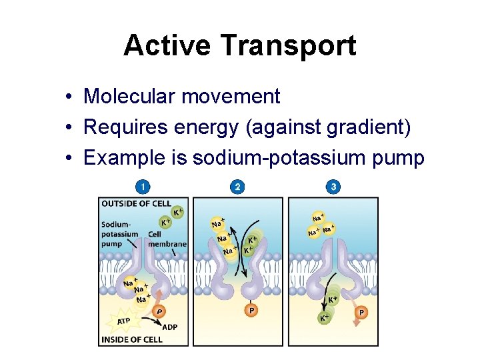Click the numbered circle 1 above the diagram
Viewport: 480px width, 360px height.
[x=142, y=187]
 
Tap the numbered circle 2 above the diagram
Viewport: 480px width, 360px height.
[x=237, y=187]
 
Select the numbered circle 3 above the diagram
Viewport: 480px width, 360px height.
[x=333, y=187]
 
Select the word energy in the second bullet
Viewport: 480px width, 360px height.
[x=209, y=127]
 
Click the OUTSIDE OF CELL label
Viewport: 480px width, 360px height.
[x=136, y=204]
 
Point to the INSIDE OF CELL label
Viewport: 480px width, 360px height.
[x=131, y=339]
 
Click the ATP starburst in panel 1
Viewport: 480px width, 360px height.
[x=124, y=321]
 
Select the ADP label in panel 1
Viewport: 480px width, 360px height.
[x=170, y=327]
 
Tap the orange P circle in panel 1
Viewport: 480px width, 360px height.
[x=159, y=311]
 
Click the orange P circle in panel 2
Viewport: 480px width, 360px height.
[x=251, y=310]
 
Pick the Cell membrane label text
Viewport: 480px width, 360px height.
[x=167, y=239]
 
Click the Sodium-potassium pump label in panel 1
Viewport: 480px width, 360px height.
[x=120, y=234]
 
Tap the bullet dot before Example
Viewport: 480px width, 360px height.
[x=69, y=159]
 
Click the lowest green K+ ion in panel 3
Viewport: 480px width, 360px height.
[x=324, y=317]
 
